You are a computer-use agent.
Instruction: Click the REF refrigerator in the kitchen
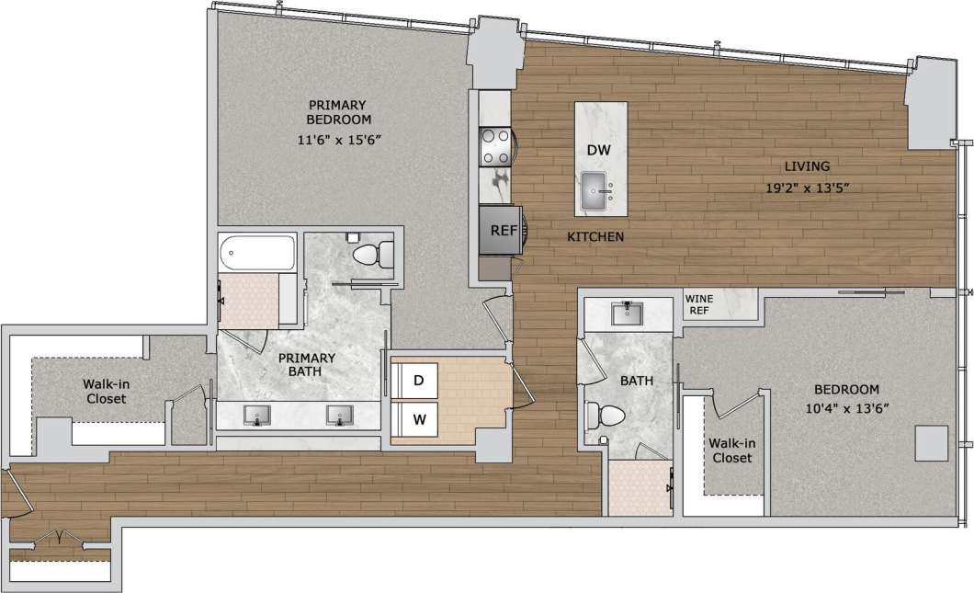click(502, 230)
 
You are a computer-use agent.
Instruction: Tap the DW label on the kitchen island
click(600, 150)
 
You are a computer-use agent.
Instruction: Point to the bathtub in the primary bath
click(257, 252)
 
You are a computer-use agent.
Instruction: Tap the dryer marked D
click(416, 379)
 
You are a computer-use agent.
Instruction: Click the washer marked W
click(418, 419)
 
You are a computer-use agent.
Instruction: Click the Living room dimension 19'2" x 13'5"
click(808, 188)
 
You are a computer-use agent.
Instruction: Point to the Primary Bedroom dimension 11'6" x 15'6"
click(338, 139)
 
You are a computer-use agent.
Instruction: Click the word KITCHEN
click(595, 237)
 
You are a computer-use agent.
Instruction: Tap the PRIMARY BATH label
click(307, 365)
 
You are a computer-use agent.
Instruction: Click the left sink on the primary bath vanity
click(258, 416)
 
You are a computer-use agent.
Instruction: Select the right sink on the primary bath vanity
click(340, 416)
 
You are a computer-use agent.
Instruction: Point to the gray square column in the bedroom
click(931, 444)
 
